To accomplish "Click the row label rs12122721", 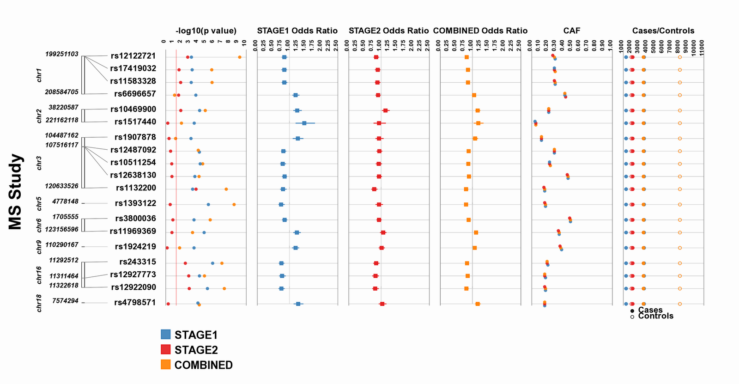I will click(133, 56).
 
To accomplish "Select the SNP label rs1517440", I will click(135, 122).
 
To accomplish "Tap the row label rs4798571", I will click(135, 303).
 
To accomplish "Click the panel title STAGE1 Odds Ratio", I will click(297, 31).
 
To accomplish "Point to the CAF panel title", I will click(572, 31).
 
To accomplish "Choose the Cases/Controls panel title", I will click(663, 31).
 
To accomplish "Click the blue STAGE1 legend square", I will click(166, 335).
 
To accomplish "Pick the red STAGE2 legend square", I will click(166, 350).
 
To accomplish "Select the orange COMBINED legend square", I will click(166, 365).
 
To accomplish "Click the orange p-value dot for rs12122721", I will click(240, 57).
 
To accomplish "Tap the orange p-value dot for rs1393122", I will click(234, 204).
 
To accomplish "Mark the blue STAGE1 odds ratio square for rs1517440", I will click(304, 123).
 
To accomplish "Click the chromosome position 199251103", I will click(62, 54).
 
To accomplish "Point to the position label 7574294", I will click(65, 301).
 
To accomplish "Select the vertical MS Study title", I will click(16, 192).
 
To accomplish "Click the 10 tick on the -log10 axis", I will click(244, 43).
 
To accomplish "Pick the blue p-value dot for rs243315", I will click(212, 263).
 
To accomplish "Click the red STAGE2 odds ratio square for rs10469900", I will click(385, 110).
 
